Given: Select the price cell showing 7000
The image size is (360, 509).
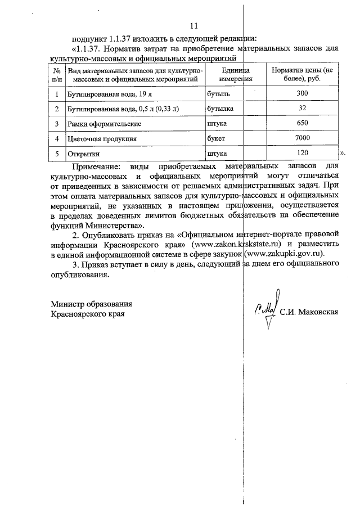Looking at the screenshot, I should click(302, 138).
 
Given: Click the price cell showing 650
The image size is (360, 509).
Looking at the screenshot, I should click(302, 123).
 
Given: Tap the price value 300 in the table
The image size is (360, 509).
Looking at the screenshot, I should click(302, 93).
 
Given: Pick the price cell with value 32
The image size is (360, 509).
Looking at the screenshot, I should click(302, 107).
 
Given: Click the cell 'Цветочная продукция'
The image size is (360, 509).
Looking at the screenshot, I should click(102, 138).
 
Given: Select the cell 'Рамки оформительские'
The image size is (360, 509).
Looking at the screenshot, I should click(101, 123).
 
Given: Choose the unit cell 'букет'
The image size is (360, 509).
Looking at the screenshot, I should click(216, 138).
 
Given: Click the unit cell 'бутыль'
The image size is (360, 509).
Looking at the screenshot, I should click(218, 93).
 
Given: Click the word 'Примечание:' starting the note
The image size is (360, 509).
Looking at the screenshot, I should click(96, 167).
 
